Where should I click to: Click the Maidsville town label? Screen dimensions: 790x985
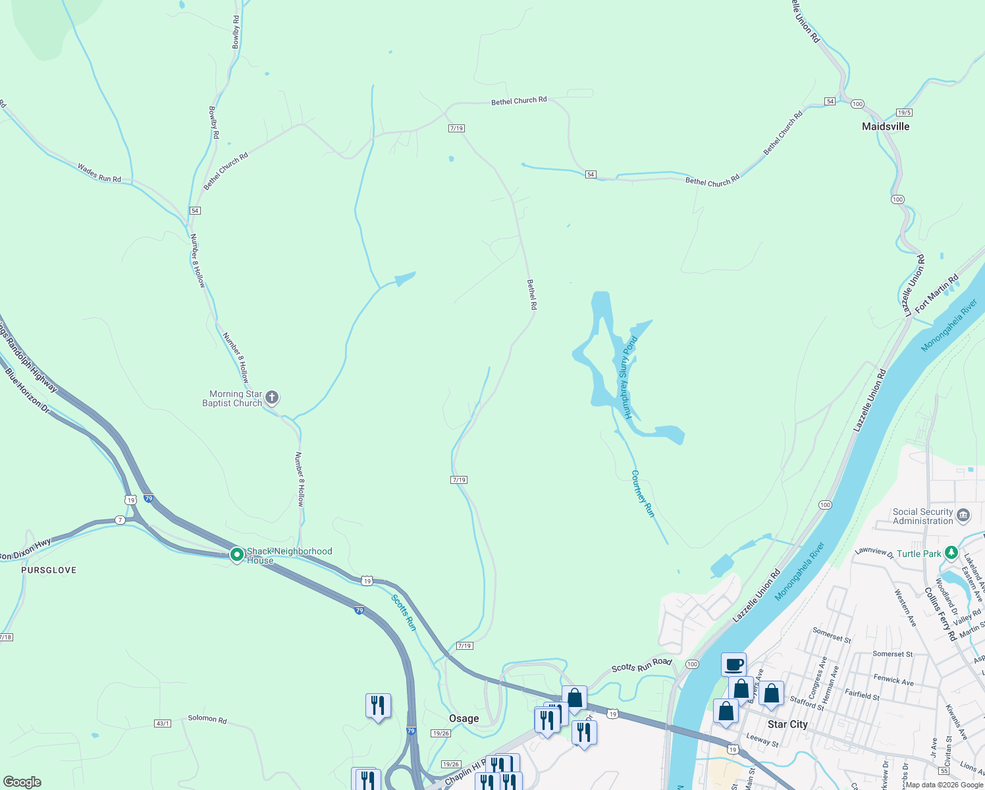[886, 126]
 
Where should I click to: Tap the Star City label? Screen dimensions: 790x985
[787, 724]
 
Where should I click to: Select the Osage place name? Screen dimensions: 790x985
[464, 718]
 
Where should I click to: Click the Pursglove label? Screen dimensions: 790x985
[49, 570]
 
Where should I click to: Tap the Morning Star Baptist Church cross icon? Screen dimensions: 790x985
[272, 398]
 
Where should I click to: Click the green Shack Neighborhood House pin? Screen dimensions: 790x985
[237, 555]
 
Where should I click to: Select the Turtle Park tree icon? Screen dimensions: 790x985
[951, 553]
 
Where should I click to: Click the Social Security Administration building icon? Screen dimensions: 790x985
[963, 515]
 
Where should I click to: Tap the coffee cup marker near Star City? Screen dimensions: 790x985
[733, 664]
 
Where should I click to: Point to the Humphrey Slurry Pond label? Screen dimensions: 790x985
[626, 378]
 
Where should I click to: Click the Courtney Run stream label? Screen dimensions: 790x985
[643, 493]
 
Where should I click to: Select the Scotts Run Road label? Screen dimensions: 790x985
[641, 666]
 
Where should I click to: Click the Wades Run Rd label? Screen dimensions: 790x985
[99, 173]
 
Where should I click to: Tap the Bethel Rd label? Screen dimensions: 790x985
[531, 294]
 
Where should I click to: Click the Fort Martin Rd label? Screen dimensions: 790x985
[936, 294]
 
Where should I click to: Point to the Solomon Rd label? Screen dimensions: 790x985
[207, 719]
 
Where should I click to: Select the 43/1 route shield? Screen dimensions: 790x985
[163, 724]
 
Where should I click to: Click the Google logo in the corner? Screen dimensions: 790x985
[22, 782]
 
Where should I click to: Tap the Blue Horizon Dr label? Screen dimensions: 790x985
[28, 391]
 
